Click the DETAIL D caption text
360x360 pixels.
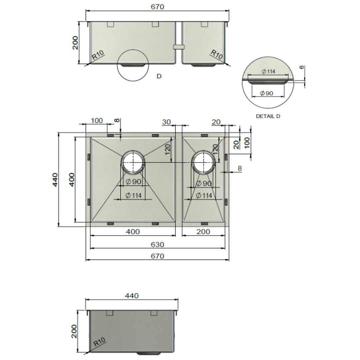[268, 116]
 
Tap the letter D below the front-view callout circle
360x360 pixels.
[159, 76]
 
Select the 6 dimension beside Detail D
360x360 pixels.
[302, 67]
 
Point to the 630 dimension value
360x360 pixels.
[157, 245]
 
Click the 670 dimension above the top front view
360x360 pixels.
[157, 7]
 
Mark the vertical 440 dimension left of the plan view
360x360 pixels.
[55, 180]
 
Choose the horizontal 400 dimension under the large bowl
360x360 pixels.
[133, 232]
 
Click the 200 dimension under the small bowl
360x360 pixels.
[203, 232]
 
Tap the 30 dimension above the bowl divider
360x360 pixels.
[167, 122]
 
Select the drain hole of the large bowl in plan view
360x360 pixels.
[133, 162]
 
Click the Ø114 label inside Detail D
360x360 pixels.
[268, 71]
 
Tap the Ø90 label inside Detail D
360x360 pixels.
[267, 93]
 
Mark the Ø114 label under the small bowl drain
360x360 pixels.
[204, 196]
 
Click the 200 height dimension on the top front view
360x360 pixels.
[75, 43]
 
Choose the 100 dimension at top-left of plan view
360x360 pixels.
[97, 121]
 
